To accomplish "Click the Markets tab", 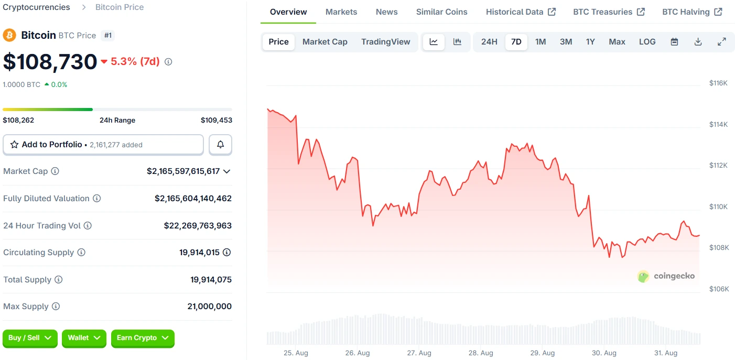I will (x=341, y=12).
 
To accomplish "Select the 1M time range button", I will (x=541, y=42).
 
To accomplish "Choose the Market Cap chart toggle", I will (x=325, y=42).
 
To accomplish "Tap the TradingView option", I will (x=386, y=42).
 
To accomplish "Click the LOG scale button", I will (x=647, y=42).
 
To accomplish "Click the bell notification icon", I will (x=221, y=145).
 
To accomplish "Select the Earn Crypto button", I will (x=143, y=338).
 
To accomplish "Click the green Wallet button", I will (x=84, y=338).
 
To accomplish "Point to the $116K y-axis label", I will (x=718, y=83).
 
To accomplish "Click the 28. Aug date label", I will (x=481, y=353).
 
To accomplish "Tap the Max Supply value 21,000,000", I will (x=209, y=307).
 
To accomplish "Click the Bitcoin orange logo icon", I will (x=9, y=35).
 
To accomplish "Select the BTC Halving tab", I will (x=692, y=12).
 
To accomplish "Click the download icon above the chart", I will (x=698, y=42).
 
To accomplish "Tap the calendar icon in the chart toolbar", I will (x=675, y=42).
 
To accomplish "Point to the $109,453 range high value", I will (x=216, y=121).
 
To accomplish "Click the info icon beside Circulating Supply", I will (x=81, y=253).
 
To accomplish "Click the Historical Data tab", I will (x=521, y=12).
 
